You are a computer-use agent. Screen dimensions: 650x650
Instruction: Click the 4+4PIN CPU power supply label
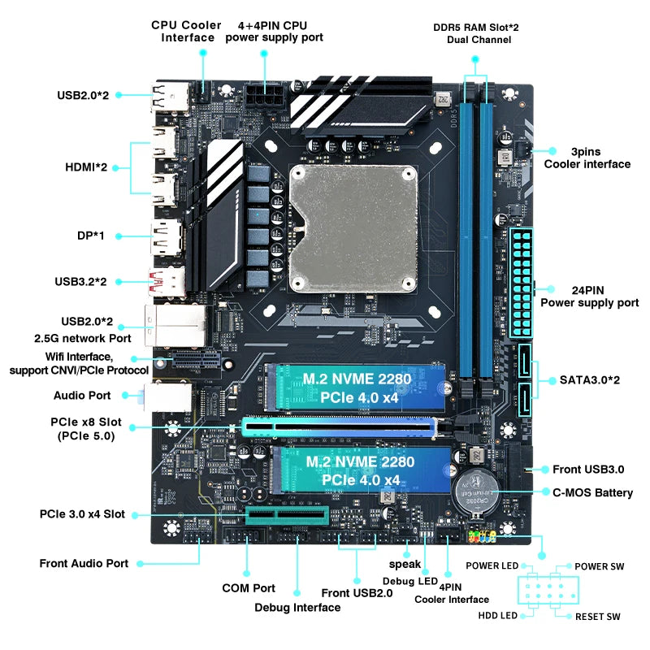point(274,31)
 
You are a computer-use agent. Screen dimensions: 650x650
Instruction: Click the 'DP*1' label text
point(87,236)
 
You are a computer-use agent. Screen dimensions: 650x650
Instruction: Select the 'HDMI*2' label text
point(86,167)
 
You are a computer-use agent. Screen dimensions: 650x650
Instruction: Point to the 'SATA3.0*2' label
point(590,379)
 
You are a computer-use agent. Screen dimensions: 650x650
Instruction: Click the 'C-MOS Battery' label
point(592,492)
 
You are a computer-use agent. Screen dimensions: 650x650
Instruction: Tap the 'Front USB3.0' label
point(588,469)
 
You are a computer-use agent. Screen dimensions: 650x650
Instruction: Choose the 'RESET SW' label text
point(597,617)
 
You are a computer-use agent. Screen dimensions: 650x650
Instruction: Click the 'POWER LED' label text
point(492,565)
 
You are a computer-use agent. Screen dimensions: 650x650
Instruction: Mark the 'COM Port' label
point(249,587)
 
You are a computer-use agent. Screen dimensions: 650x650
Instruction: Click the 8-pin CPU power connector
point(265,100)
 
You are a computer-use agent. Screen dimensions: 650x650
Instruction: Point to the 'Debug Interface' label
point(297,607)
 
